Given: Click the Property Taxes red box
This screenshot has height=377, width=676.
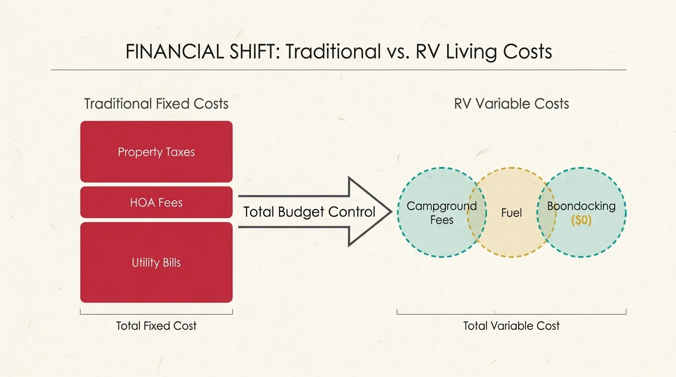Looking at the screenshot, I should (x=156, y=152).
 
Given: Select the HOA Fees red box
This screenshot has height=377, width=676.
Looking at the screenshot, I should (x=156, y=202).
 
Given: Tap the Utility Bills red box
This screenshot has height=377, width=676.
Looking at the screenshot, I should (x=156, y=263).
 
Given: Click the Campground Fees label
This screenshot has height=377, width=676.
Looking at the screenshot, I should (x=441, y=213).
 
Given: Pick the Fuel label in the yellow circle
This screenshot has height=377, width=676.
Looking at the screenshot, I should (x=511, y=213).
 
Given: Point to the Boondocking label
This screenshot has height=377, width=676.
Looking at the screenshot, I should (x=581, y=206).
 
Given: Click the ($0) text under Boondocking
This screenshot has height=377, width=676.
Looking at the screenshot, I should (x=582, y=220).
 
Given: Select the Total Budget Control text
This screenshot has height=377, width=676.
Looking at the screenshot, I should (x=310, y=212).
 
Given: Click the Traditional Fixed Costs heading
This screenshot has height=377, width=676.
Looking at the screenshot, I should (x=156, y=104).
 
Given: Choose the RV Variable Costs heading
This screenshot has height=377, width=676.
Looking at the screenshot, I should (x=511, y=104).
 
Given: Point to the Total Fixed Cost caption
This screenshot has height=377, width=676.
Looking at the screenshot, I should (x=156, y=326).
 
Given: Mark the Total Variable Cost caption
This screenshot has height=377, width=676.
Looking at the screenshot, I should (x=511, y=326).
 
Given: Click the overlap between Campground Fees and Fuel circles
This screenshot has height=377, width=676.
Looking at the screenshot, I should (x=477, y=212).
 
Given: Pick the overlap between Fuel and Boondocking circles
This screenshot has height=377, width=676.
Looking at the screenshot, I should (x=546, y=212).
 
